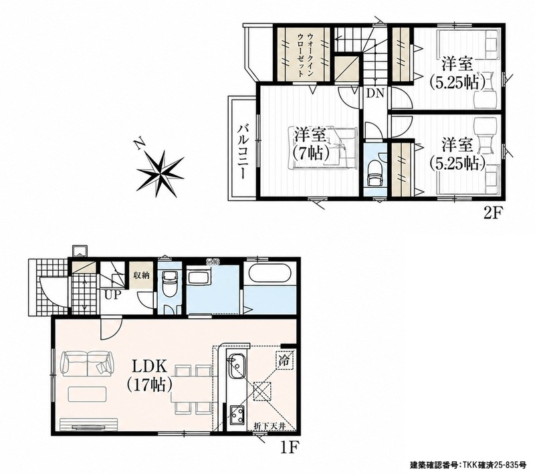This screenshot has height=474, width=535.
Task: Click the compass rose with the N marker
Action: pos(160,173)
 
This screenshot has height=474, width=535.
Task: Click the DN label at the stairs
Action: pos(375,93)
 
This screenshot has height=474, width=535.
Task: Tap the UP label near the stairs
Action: pos(113,295)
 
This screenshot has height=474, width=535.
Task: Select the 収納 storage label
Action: pos(141,275)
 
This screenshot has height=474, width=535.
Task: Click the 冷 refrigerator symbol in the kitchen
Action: pos(284,361)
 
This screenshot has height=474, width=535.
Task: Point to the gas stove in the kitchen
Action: pos(236,414)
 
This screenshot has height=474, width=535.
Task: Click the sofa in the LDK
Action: pos(88,364)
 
